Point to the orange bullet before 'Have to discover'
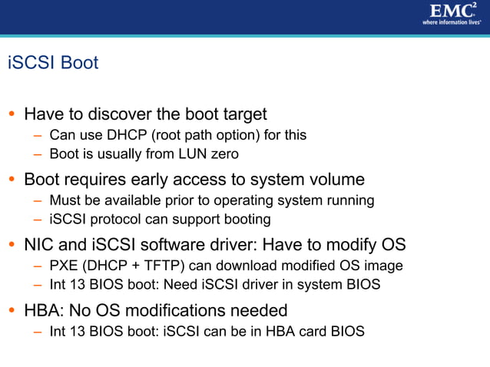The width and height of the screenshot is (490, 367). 12,115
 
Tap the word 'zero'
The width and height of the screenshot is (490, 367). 223,154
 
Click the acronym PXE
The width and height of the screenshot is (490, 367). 63,266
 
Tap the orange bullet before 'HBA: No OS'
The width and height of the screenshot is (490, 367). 12,312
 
